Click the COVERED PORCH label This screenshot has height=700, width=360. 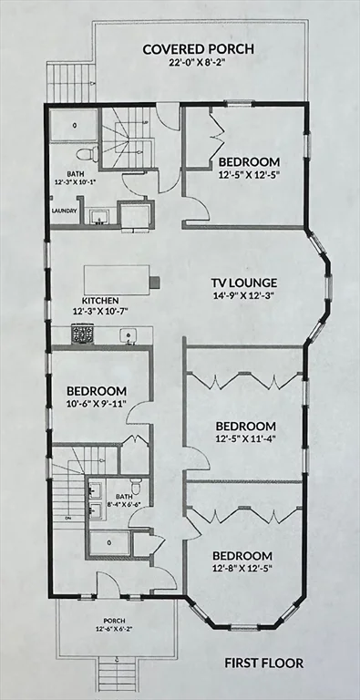[x=197, y=48]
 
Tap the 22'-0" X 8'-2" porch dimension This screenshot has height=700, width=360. [x=197, y=64]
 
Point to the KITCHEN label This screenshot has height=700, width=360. [x=100, y=300]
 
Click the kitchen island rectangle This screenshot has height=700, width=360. [x=118, y=277]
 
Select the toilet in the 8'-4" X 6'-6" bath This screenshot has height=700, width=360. [x=135, y=484]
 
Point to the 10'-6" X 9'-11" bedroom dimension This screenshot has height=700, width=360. [x=95, y=405]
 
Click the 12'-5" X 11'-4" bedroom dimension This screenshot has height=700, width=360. [x=245, y=441]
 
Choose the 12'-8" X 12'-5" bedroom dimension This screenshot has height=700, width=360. [x=242, y=571]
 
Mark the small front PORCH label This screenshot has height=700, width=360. [x=107, y=620]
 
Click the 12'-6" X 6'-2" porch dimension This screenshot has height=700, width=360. [x=107, y=629]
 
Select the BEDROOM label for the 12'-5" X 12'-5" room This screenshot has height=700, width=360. [x=249, y=162]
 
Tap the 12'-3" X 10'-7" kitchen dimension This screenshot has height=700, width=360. [x=100, y=311]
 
